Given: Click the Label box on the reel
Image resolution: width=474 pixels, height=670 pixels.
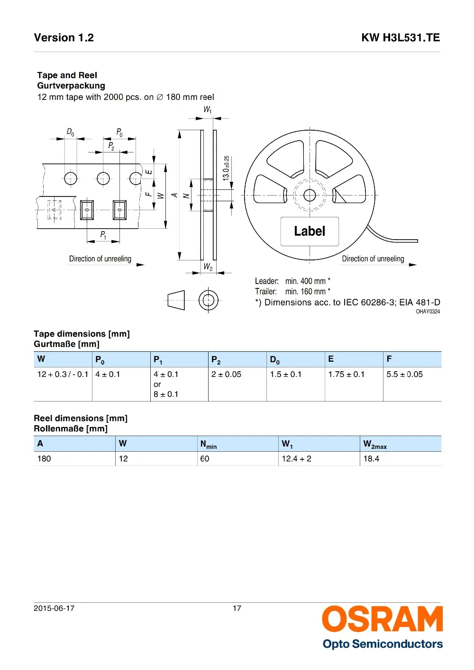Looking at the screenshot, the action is point(310,231).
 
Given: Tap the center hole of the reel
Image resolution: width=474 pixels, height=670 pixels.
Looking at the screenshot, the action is point(310,195).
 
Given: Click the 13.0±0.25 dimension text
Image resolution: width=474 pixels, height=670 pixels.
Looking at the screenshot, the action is point(226,168).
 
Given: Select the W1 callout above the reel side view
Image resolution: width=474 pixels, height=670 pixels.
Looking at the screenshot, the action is point(208,109).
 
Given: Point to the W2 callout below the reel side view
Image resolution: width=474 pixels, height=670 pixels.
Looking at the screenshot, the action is point(208,267).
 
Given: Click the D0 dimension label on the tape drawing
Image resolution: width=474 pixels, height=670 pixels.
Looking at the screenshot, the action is point(70,132).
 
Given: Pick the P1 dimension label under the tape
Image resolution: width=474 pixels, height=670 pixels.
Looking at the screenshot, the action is point(103,235).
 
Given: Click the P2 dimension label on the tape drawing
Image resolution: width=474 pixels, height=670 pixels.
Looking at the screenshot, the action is point(111,146).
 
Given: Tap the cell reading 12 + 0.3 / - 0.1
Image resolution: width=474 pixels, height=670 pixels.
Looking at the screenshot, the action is point(63,374).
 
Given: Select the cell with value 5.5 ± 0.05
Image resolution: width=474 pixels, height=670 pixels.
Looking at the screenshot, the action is point(404,374).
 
